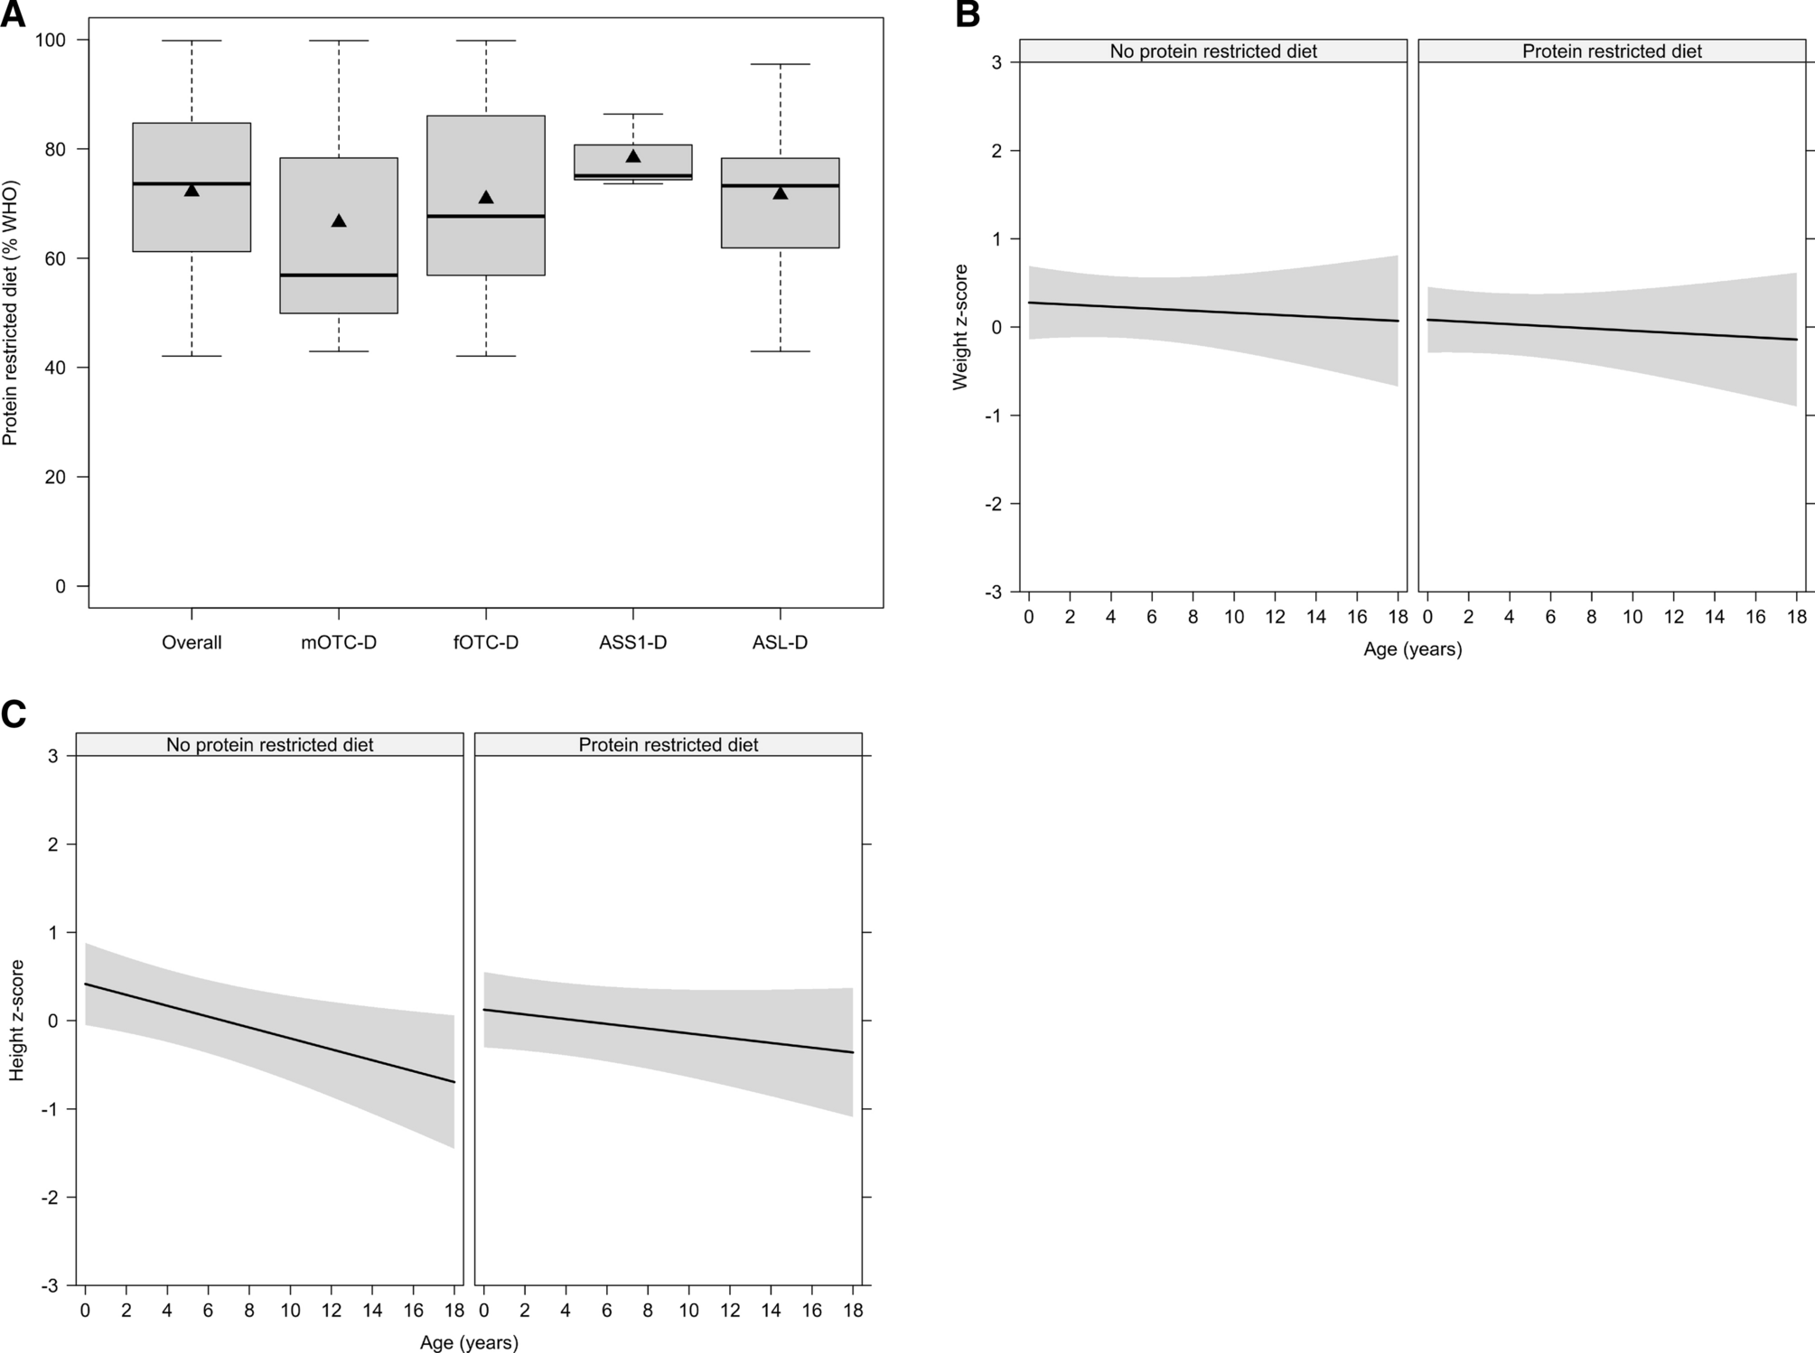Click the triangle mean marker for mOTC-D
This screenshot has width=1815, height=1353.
pos(339,221)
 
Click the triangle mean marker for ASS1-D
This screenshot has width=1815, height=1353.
pos(633,156)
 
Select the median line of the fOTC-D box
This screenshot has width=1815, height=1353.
pos(486,216)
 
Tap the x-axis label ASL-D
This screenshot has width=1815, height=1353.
pos(780,643)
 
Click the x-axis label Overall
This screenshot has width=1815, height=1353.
pos(192,643)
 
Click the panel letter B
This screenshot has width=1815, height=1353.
pos(967,14)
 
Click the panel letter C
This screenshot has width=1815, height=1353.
pos(14,714)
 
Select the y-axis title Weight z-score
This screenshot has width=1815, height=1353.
pos(960,327)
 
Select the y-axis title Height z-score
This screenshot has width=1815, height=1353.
pos(17,1021)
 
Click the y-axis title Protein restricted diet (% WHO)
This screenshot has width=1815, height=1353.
pos(11,313)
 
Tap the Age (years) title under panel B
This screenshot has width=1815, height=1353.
pos(1412,649)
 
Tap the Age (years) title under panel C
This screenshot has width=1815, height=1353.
pos(469,1343)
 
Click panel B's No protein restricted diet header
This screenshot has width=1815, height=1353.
pos(1213,51)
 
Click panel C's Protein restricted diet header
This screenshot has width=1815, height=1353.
pos(669,745)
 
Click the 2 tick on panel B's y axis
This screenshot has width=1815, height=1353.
pos(996,151)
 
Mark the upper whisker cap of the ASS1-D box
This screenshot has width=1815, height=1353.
pos(633,114)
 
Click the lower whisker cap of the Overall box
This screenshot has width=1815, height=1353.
pos(192,356)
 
